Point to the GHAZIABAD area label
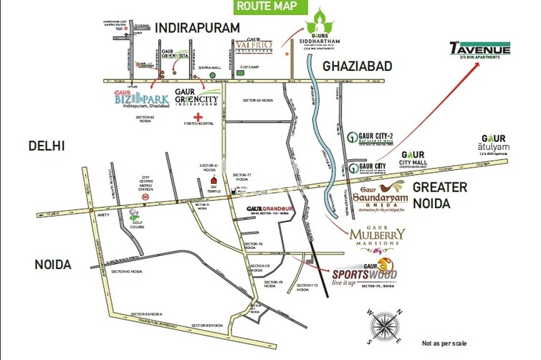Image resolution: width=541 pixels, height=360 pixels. click(x=358, y=66)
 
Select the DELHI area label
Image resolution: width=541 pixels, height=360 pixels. click(x=47, y=146)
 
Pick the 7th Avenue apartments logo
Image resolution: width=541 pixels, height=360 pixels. click(x=479, y=50)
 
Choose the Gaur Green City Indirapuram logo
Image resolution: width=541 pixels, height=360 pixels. click(x=197, y=100)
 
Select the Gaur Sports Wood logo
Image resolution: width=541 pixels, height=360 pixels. click(x=363, y=274)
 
